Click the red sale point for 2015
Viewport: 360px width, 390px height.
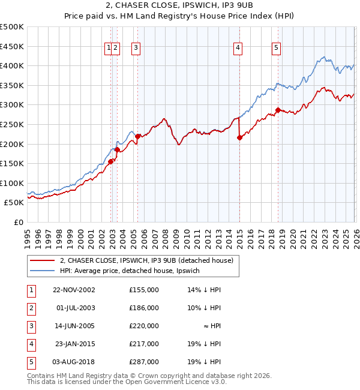point(239,137)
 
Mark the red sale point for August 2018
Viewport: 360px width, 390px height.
point(278,110)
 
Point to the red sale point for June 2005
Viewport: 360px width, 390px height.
point(137,136)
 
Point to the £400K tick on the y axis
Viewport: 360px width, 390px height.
point(12,66)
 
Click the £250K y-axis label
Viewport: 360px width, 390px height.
point(12,125)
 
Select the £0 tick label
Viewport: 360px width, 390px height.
point(18,223)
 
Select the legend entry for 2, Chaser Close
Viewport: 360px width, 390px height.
point(150,260)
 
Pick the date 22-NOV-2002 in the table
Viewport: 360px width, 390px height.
point(74,290)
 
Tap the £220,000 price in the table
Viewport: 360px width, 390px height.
point(144,326)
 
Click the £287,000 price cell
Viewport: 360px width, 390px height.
point(144,362)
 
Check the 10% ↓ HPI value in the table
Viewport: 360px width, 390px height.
point(205,308)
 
